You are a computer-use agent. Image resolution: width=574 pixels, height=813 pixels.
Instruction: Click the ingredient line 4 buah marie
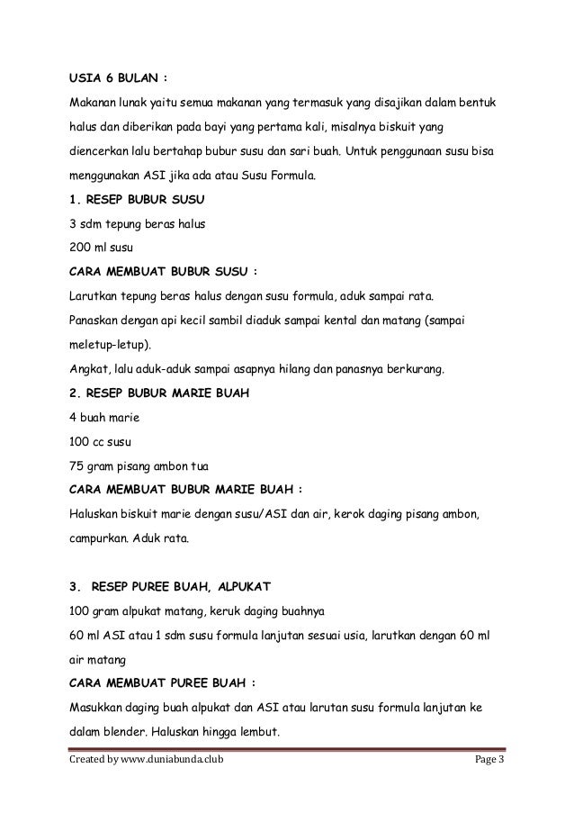click(106, 417)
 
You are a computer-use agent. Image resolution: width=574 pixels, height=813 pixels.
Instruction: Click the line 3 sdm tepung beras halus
click(136, 224)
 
